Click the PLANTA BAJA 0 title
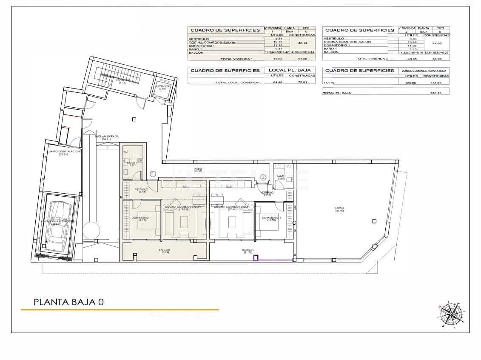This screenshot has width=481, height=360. [68, 302]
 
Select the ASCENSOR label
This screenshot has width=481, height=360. [162, 87]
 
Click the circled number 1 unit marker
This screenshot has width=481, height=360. [153, 173]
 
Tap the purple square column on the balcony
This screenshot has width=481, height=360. [256, 258]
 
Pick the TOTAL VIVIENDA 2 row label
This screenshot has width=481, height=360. [372, 59]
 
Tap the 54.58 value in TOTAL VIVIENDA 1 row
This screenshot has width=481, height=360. [302, 59]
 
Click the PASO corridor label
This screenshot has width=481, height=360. [198, 169]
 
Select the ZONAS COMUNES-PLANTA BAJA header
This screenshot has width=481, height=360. [424, 71]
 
